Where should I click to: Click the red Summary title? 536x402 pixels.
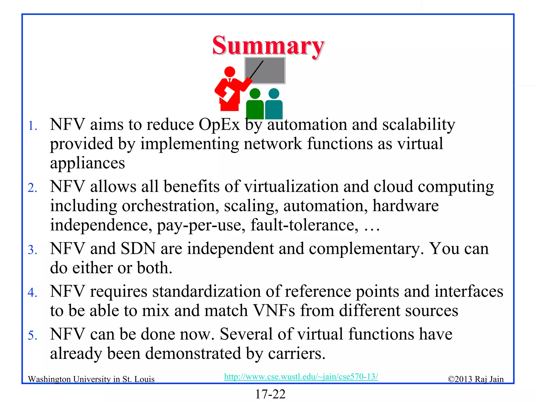[268, 46]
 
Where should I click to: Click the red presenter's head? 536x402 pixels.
[230, 71]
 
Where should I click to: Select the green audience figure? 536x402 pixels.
[255, 105]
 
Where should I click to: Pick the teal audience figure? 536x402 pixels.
[274, 105]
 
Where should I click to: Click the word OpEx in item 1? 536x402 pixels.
[219, 125]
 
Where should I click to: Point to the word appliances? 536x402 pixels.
[87, 163]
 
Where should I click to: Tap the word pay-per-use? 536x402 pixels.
[201, 225]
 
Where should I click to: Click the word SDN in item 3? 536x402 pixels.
[138, 249]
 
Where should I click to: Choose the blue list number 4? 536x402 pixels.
[32, 293]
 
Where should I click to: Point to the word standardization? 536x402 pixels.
[206, 291]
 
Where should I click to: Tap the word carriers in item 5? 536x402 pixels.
[296, 354]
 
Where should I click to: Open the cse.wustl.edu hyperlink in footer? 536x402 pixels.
[301, 377]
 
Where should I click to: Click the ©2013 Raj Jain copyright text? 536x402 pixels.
[476, 379]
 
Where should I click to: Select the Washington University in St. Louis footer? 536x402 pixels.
[91, 379]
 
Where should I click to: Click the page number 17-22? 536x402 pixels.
[270, 394]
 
